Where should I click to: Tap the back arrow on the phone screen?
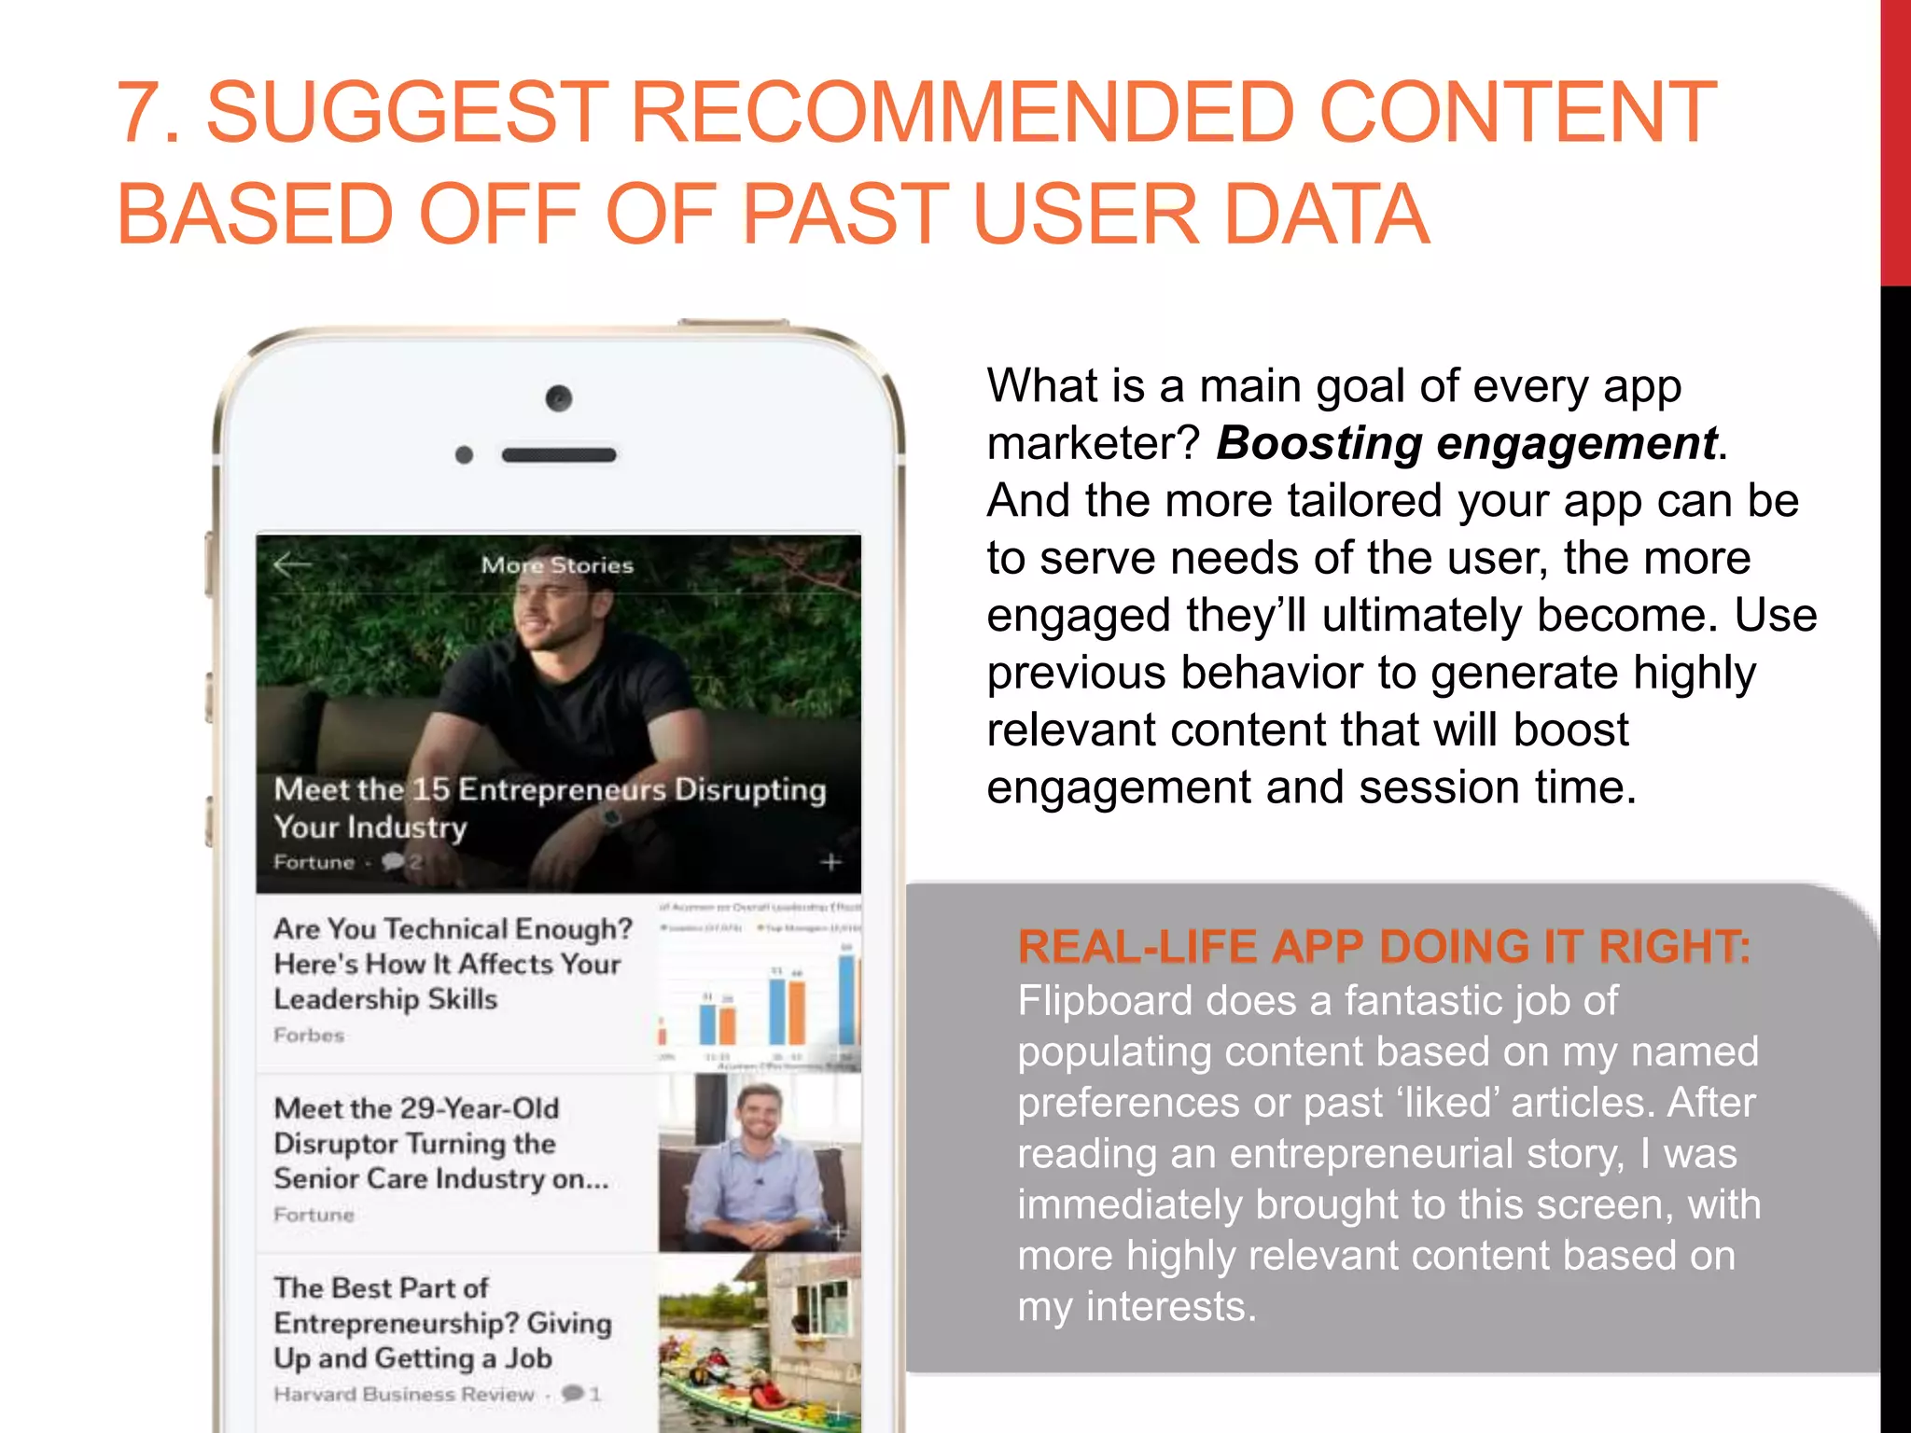point(292,564)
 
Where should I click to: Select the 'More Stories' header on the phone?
point(557,565)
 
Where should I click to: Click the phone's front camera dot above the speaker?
point(559,399)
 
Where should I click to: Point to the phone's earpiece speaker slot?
point(559,455)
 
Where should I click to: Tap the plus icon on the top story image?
point(830,862)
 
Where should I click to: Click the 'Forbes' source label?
point(309,1035)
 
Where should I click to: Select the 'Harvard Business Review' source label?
point(404,1394)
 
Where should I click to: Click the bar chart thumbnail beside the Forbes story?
point(760,985)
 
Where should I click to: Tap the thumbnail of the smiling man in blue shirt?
point(760,1162)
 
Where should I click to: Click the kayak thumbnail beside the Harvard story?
point(760,1343)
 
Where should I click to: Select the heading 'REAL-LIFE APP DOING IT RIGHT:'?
point(1384,946)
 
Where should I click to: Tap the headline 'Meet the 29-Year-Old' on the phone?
point(416,1108)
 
